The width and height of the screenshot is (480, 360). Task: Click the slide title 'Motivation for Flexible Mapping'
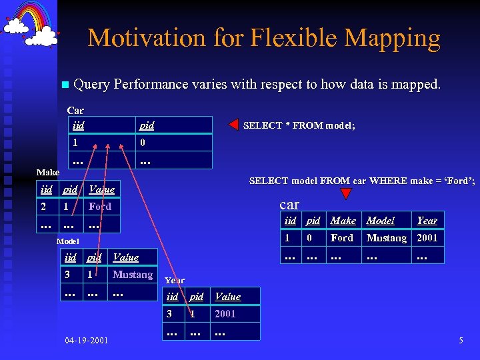click(x=264, y=38)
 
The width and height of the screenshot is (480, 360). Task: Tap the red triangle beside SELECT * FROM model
click(x=233, y=125)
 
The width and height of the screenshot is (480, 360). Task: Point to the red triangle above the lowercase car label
click(x=345, y=194)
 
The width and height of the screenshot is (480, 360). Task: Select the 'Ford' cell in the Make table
click(x=100, y=207)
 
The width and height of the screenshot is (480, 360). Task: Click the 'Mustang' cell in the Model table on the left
click(x=132, y=275)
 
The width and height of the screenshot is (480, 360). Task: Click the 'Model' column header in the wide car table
click(x=381, y=221)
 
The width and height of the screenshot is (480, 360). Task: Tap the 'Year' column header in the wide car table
click(x=427, y=221)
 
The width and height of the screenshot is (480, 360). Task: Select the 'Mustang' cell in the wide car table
click(x=386, y=238)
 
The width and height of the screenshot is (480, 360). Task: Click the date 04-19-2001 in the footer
click(x=87, y=341)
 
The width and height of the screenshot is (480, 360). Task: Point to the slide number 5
click(x=461, y=341)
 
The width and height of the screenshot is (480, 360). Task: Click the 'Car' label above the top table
click(x=75, y=110)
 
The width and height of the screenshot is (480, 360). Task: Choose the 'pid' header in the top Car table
click(x=147, y=125)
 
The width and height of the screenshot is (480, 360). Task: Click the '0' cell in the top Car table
click(x=143, y=143)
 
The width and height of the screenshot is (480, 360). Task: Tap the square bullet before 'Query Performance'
click(x=64, y=85)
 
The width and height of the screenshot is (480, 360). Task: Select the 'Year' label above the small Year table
click(x=175, y=280)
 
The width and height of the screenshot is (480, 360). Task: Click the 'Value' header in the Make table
click(x=101, y=189)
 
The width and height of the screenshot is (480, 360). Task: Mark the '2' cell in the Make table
click(x=44, y=207)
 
